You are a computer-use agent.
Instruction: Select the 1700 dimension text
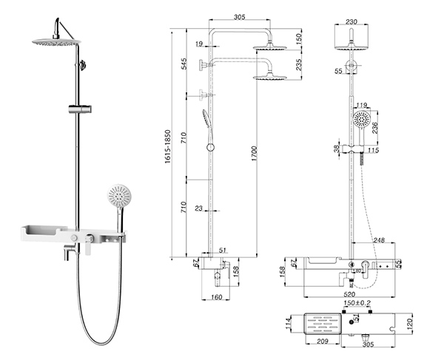pos(253,152)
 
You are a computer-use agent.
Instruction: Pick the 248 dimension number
pos(380,240)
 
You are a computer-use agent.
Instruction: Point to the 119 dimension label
pos(362,105)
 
